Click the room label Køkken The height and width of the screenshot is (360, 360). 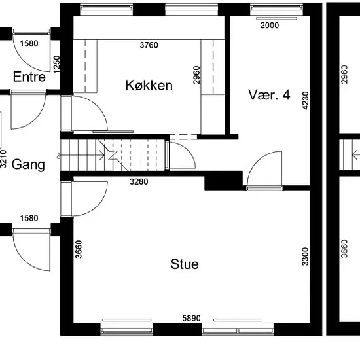click(x=149, y=85)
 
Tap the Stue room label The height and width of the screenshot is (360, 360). click(x=185, y=264)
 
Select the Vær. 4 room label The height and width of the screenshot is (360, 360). click(x=269, y=95)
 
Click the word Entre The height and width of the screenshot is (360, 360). click(x=29, y=77)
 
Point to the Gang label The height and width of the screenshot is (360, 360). click(x=28, y=164)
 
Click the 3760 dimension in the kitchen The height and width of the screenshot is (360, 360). click(x=149, y=45)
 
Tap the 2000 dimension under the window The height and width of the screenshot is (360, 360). click(x=270, y=26)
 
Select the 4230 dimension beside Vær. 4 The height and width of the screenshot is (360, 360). click(x=306, y=101)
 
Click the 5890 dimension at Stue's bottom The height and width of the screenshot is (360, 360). click(x=192, y=318)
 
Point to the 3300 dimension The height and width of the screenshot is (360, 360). click(x=306, y=257)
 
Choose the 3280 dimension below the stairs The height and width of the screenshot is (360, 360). click(x=139, y=181)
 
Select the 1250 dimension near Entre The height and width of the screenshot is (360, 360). click(x=56, y=65)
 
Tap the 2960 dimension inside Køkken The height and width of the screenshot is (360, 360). click(x=197, y=75)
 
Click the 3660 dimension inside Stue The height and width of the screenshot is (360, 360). click(x=79, y=249)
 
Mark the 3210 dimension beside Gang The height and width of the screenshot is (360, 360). click(x=3, y=158)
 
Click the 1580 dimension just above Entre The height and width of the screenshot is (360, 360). click(x=29, y=43)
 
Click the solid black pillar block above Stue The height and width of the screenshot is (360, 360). click(x=223, y=181)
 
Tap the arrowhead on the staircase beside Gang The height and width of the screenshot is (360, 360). click(x=102, y=156)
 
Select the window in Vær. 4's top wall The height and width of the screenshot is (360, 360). click(x=276, y=10)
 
